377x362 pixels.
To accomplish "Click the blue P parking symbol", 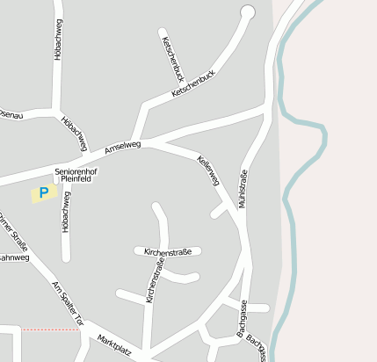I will pyautogui.click(x=43, y=192).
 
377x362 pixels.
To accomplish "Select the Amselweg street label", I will pyautogui.click(x=122, y=148).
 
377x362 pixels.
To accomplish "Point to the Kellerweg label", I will pyautogui.click(x=208, y=170).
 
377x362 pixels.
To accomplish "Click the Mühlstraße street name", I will pyautogui.click(x=243, y=189).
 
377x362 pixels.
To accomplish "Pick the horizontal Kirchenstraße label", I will pyautogui.click(x=168, y=251).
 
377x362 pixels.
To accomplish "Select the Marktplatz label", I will pyautogui.click(x=114, y=345).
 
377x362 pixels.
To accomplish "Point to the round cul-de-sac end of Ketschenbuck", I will pyautogui.click(x=247, y=11).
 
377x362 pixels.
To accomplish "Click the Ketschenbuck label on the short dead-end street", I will pyautogui.click(x=170, y=59).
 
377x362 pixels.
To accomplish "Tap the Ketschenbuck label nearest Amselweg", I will pyautogui.click(x=193, y=83).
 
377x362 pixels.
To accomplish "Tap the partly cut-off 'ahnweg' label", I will pyautogui.click(x=14, y=258).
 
